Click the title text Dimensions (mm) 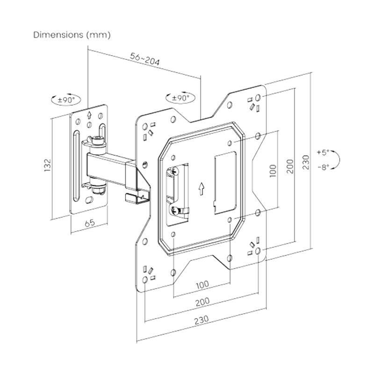coord(71,34)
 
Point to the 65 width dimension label coord(89,224)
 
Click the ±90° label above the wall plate coord(66,100)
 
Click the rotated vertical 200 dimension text coord(290,166)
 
